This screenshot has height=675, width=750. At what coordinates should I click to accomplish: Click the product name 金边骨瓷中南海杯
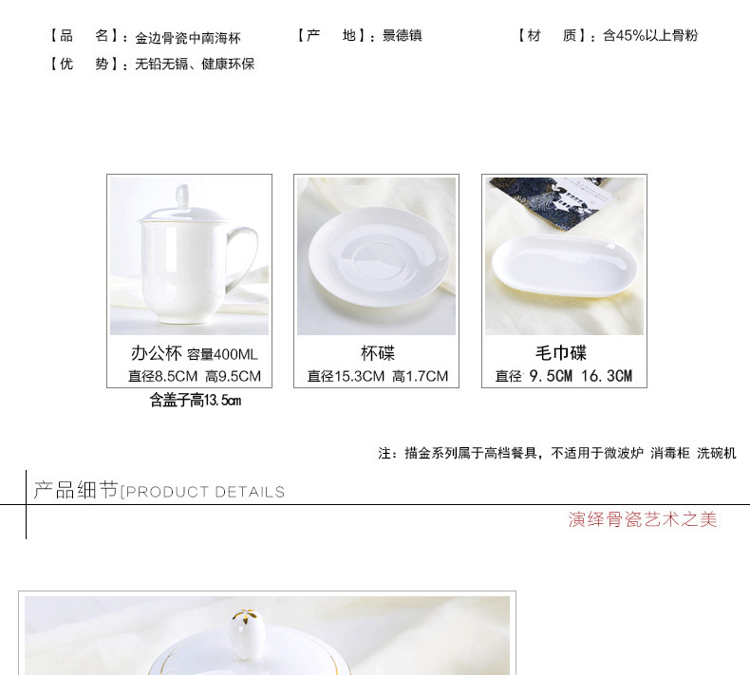pyautogui.click(x=188, y=38)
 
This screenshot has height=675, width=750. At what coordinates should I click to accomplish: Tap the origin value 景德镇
pyautogui.click(x=403, y=36)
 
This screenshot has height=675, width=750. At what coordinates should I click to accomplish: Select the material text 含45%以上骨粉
pyautogui.click(x=650, y=36)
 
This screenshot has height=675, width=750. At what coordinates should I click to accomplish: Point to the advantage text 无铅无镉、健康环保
pyautogui.click(x=195, y=65)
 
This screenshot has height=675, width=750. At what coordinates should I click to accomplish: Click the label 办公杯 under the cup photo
pyautogui.click(x=156, y=354)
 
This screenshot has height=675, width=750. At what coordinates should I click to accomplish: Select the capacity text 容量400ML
pyautogui.click(x=222, y=355)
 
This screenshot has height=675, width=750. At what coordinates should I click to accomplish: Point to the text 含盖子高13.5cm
pyautogui.click(x=195, y=401)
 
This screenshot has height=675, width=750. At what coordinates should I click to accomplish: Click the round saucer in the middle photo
pyautogui.click(x=375, y=256)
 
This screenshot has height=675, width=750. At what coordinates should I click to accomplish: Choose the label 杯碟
pyautogui.click(x=377, y=354)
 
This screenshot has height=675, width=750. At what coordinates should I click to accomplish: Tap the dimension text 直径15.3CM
pyautogui.click(x=346, y=377)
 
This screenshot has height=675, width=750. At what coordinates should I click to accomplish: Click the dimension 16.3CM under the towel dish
pyautogui.click(x=607, y=377)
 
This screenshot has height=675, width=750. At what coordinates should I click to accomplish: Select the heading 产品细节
pyautogui.click(x=76, y=490)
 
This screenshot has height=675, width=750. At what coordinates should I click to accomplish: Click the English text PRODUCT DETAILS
pyautogui.click(x=203, y=492)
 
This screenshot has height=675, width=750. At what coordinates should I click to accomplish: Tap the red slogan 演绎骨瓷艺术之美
pyautogui.click(x=643, y=519)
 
